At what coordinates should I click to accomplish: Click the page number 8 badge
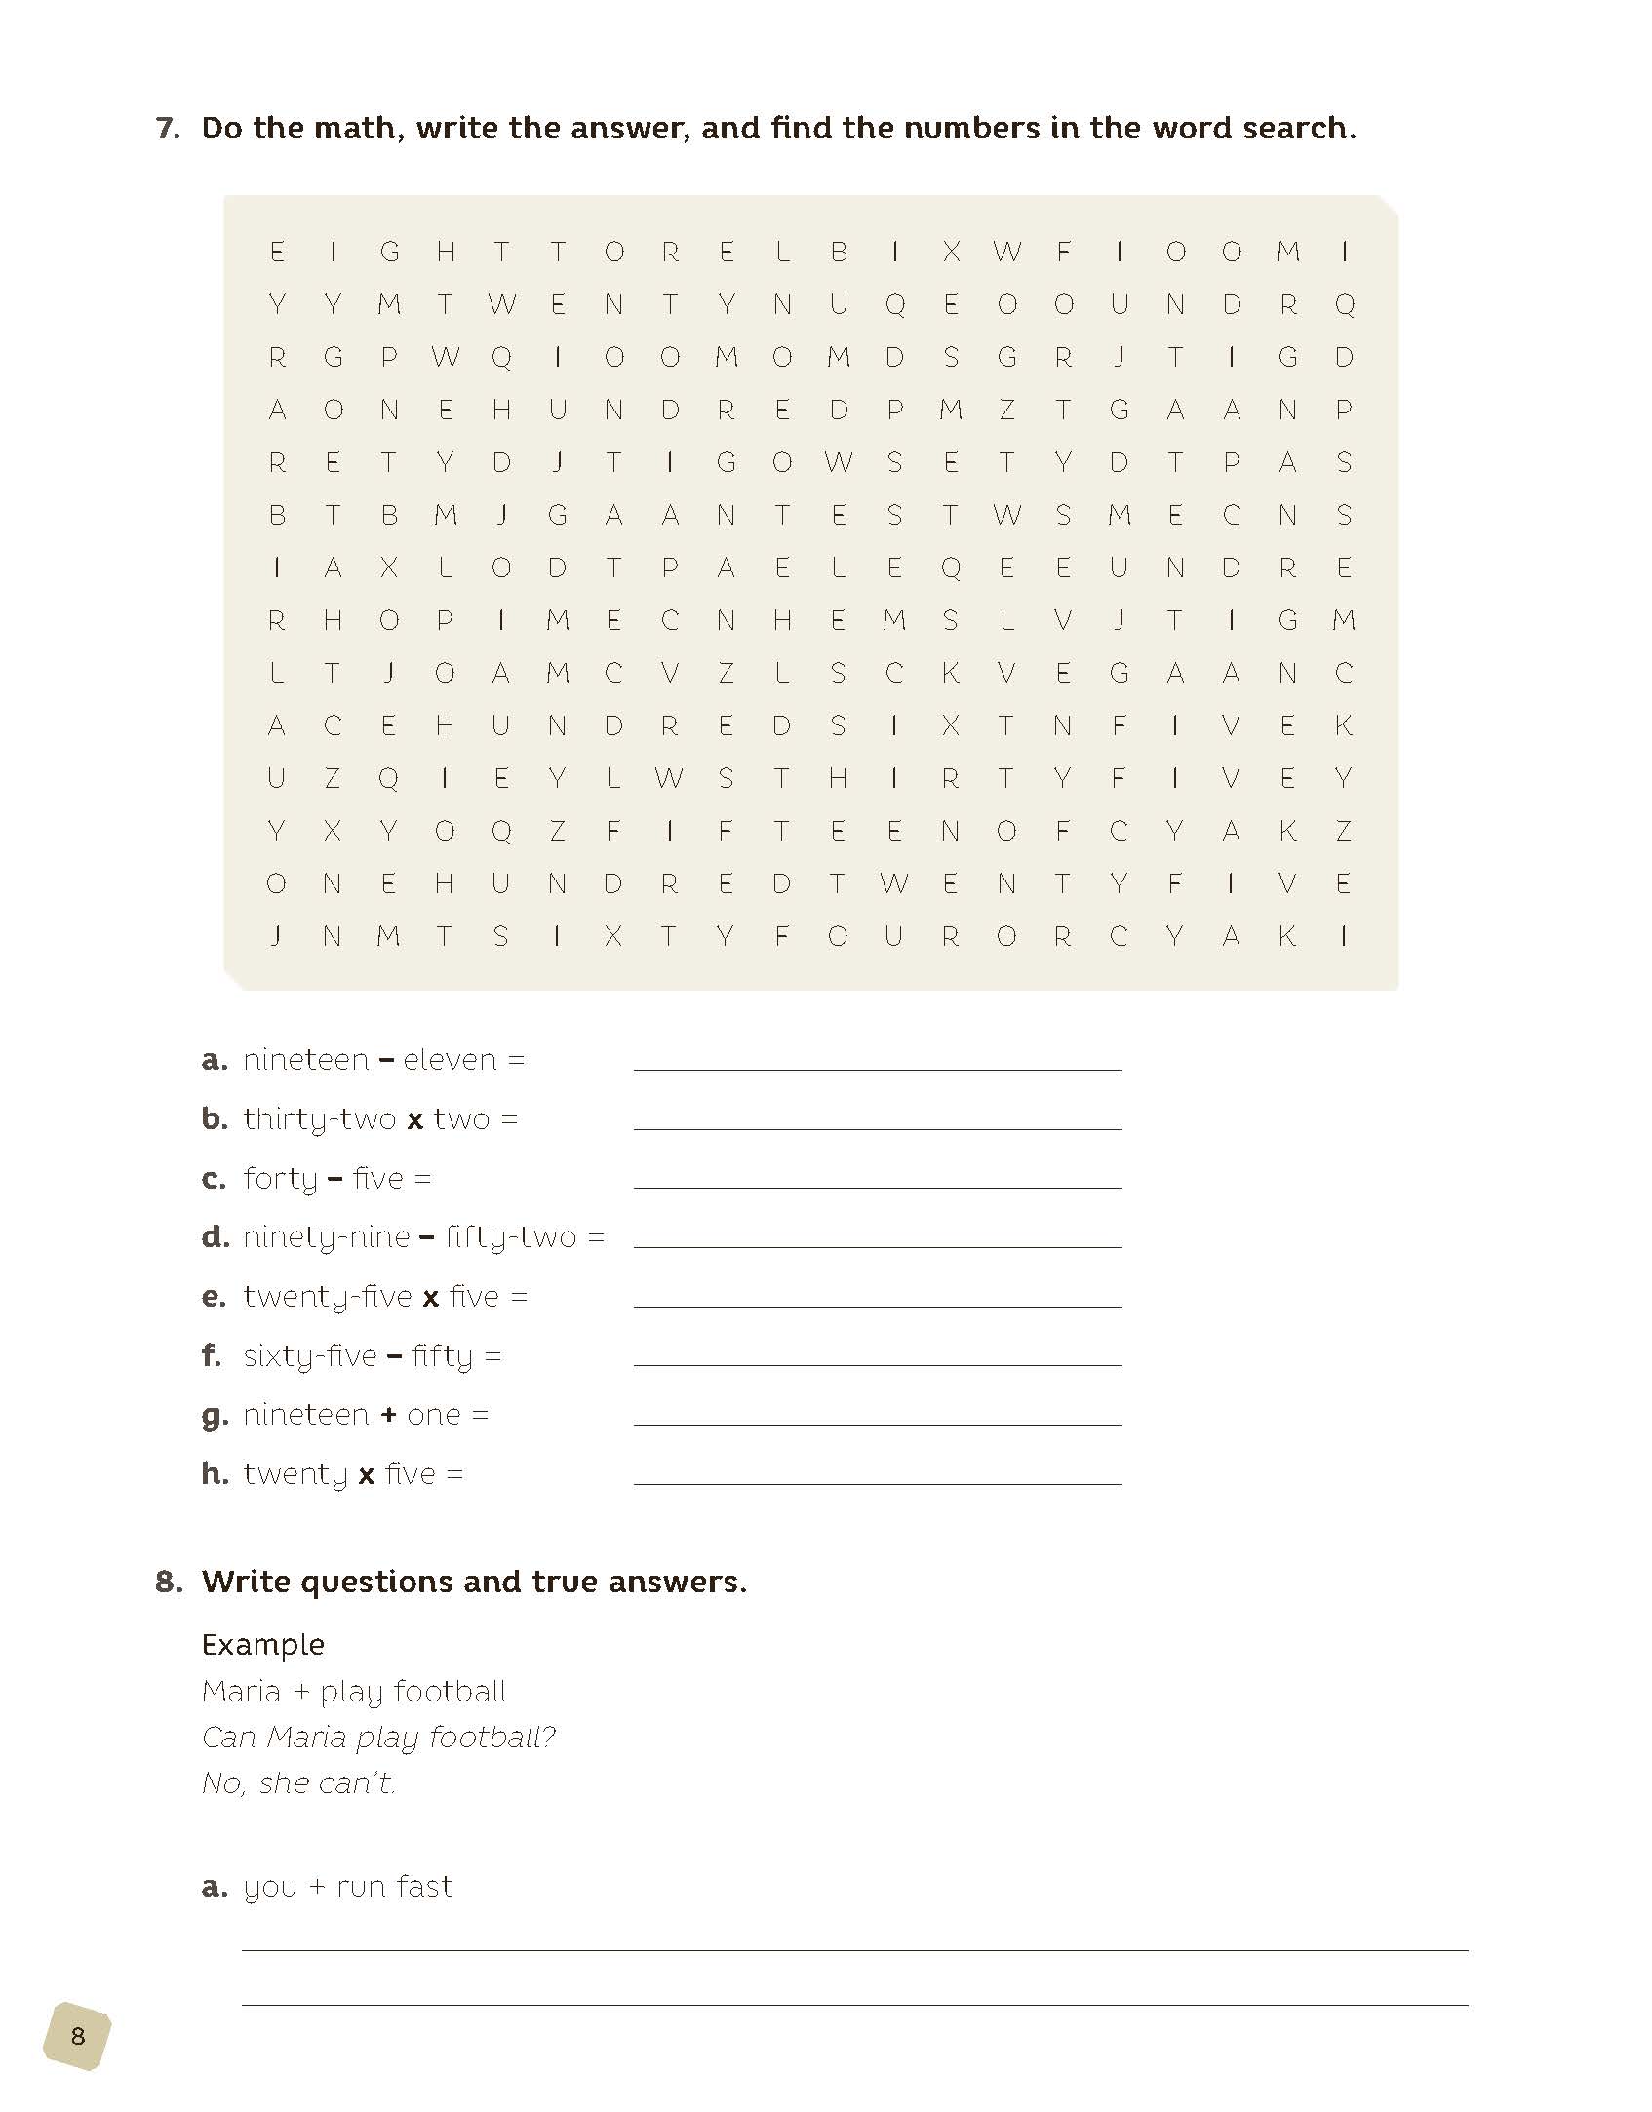tap(77, 2036)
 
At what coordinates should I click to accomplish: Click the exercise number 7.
tap(168, 129)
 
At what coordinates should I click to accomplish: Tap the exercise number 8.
tap(168, 1582)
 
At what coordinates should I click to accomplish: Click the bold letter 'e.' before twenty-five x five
tap(214, 1297)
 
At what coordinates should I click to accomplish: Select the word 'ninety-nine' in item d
tap(327, 1238)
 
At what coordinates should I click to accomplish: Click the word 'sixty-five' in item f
tap(310, 1356)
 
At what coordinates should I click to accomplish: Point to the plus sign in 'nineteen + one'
tap(388, 1415)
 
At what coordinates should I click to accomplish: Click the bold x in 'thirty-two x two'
tap(414, 1120)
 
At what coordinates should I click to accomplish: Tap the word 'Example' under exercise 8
tap(263, 1645)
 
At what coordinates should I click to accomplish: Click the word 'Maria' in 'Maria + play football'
tap(241, 1692)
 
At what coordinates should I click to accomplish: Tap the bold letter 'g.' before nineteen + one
tap(215, 1416)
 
